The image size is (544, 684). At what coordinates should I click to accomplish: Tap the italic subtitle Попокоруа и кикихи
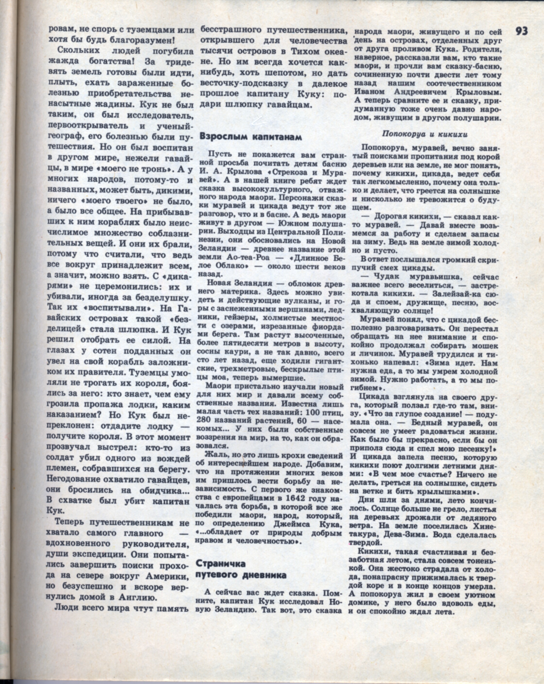click(425, 134)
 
